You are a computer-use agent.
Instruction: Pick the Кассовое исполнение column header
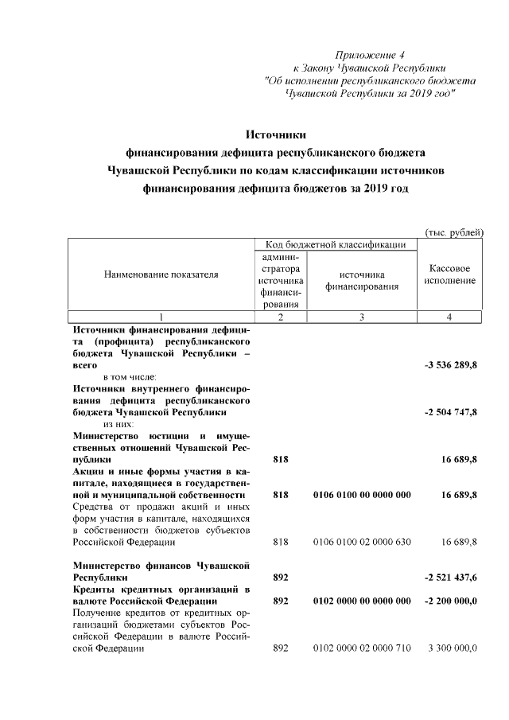click(449, 275)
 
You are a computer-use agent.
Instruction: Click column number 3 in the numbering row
click(362, 317)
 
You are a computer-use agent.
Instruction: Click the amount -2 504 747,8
click(449, 414)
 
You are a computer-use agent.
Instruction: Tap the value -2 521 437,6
click(449, 574)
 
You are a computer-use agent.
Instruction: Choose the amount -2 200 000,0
click(449, 601)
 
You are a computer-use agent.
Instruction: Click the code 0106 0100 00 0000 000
click(362, 495)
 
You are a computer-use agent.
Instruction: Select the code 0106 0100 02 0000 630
click(362, 542)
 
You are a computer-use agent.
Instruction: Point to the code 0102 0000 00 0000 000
click(362, 601)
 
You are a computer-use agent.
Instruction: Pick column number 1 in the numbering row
click(161, 317)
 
